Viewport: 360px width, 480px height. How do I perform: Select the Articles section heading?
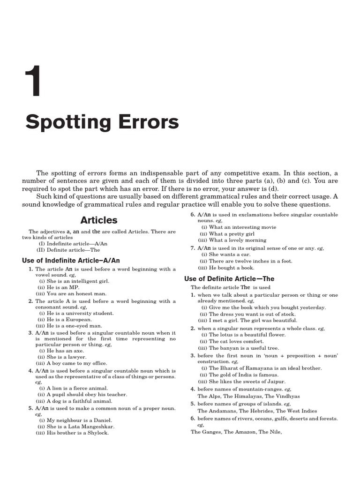(x=99, y=220)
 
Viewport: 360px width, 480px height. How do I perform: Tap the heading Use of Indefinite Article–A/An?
(x=71, y=260)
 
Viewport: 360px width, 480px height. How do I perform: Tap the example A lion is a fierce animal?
(x=76, y=388)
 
